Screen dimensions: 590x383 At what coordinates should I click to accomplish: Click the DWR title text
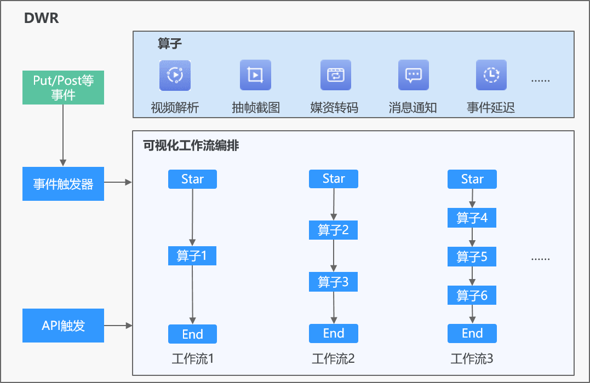[42, 18]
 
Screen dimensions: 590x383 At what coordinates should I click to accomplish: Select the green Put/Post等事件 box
[63, 88]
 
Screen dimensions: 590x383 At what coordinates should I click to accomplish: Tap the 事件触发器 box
[63, 184]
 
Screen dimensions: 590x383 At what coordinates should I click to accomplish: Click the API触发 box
[63, 326]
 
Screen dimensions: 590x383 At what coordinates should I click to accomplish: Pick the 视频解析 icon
[175, 75]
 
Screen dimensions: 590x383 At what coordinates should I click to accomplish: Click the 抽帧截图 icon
[255, 75]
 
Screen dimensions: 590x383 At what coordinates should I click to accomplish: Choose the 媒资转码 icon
[336, 75]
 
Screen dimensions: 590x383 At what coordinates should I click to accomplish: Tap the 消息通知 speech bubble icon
[414, 75]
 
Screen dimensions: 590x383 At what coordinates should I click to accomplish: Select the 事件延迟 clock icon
[491, 75]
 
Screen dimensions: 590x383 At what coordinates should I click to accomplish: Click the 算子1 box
[192, 256]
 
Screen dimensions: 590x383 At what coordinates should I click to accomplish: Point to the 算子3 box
[334, 282]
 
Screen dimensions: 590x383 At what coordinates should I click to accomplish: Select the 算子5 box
[472, 257]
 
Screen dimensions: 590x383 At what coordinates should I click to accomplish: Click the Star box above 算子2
[334, 179]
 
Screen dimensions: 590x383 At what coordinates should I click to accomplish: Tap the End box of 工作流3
[472, 333]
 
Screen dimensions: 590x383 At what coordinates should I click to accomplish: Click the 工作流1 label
[193, 358]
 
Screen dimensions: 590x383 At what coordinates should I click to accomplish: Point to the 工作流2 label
[334, 358]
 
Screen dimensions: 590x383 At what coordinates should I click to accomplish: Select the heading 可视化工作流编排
[191, 146]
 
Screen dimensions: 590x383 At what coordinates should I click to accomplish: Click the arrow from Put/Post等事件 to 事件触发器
[63, 135]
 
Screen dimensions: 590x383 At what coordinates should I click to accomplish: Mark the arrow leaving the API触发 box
[118, 326]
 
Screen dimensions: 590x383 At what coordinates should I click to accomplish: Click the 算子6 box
[472, 295]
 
